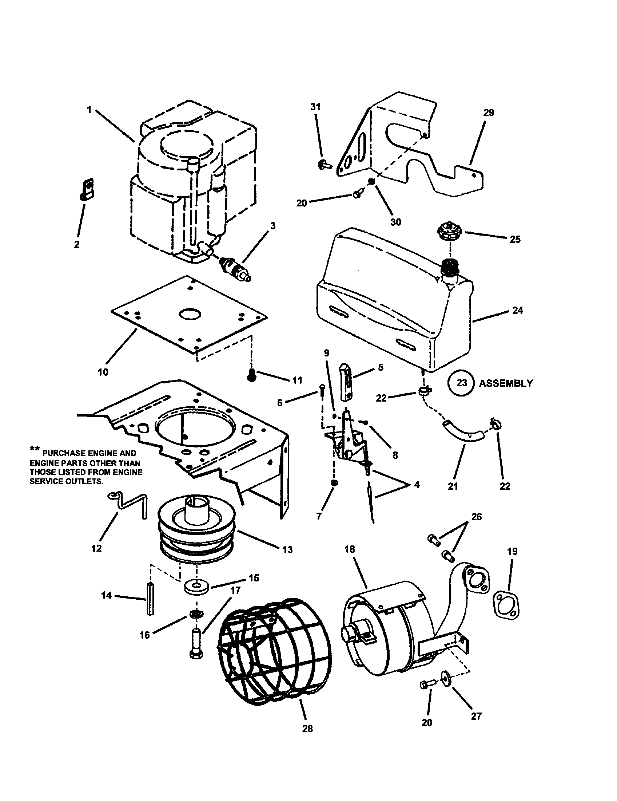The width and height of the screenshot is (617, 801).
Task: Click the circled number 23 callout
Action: tap(461, 383)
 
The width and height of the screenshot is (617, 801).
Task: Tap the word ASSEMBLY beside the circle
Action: tap(506, 383)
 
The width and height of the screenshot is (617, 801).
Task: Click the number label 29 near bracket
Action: tap(488, 113)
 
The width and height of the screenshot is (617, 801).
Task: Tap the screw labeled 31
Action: tap(324, 165)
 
